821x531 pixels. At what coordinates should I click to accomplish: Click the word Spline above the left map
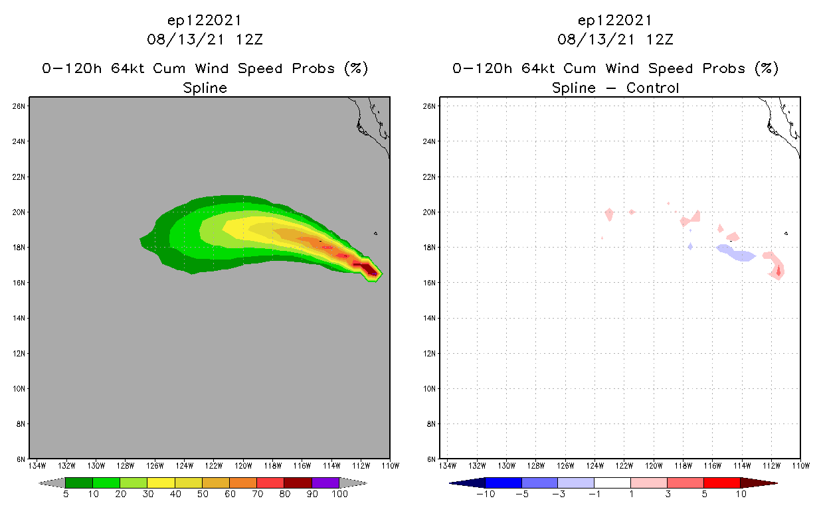pyautogui.click(x=205, y=88)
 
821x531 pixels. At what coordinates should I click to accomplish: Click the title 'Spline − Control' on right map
pyautogui.click(x=615, y=88)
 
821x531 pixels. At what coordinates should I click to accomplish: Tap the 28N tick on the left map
pyautogui.click(x=19, y=106)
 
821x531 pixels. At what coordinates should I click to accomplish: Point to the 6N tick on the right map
pyautogui.click(x=432, y=459)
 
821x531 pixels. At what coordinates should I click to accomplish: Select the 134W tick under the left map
pyautogui.click(x=37, y=466)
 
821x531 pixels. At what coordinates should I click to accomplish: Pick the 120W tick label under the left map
pyautogui.click(x=243, y=466)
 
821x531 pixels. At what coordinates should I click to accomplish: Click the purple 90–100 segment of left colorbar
pyautogui.click(x=325, y=483)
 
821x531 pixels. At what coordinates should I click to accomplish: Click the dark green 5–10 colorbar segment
pyautogui.click(x=79, y=483)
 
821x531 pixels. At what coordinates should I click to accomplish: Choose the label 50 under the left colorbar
pyautogui.click(x=202, y=494)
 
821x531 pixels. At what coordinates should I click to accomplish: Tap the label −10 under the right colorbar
pyautogui.click(x=485, y=494)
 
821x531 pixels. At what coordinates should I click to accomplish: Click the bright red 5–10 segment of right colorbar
pyautogui.click(x=721, y=483)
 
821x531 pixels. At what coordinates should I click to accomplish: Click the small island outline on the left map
pyautogui.click(x=375, y=233)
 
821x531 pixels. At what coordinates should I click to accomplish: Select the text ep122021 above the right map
pyautogui.click(x=615, y=20)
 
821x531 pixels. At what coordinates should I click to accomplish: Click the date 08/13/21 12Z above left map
pyautogui.click(x=205, y=39)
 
